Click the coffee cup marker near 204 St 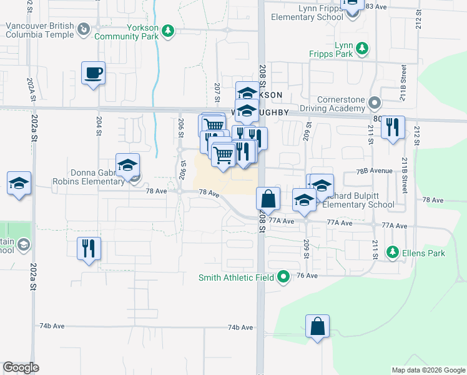93,74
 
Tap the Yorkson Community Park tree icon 167,31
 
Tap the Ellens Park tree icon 393,252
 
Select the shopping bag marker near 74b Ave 317,326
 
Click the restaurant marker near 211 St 393,128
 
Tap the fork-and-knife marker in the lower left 89,248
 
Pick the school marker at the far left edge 19,184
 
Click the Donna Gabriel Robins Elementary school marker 128,166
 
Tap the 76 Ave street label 307,276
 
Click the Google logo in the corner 21,367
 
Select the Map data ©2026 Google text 428,370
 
